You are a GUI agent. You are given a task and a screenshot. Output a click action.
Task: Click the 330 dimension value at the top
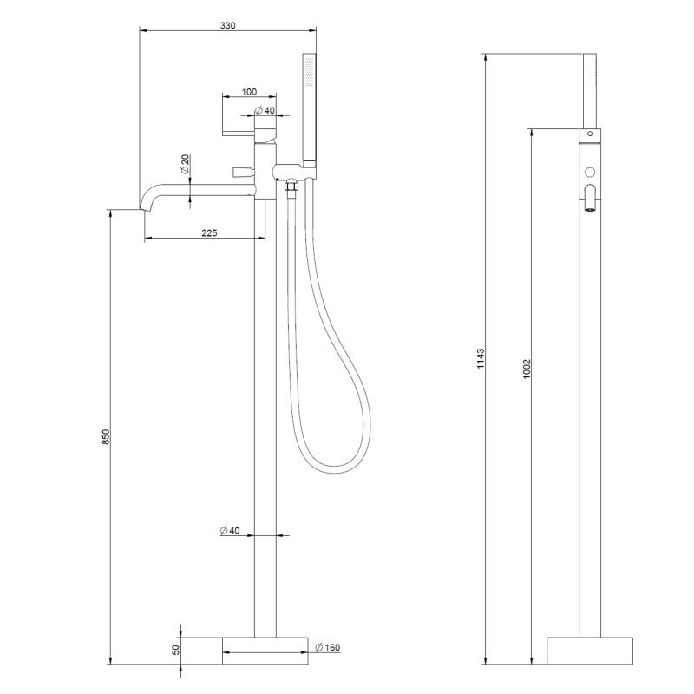pyautogui.click(x=228, y=25)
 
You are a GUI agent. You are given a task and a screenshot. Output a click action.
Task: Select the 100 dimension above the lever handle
pyautogui.click(x=249, y=92)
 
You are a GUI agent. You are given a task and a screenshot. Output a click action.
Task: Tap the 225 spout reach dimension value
pyautogui.click(x=209, y=232)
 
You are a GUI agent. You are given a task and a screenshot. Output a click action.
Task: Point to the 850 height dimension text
pyautogui.click(x=105, y=437)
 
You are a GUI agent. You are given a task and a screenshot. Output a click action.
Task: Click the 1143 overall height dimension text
pyautogui.click(x=481, y=359)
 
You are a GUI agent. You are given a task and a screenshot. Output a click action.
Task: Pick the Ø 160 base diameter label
pyautogui.click(x=328, y=647)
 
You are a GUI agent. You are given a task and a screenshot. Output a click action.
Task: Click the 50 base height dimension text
pyautogui.click(x=176, y=650)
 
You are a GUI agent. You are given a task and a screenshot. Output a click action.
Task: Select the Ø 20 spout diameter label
pyautogui.click(x=185, y=164)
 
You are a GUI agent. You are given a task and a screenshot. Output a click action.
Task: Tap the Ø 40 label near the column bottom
pyautogui.click(x=230, y=530)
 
